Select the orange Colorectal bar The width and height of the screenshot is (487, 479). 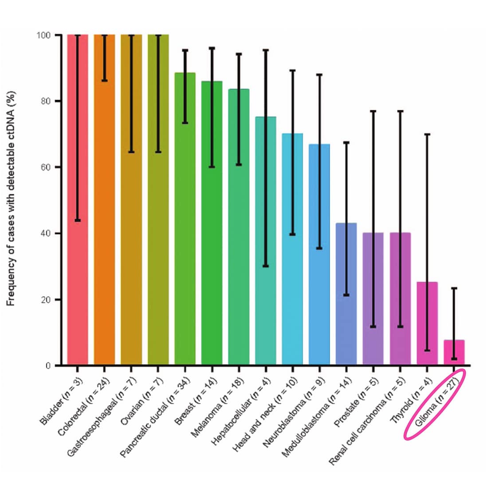click(105, 200)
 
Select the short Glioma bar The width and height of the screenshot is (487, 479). click(454, 353)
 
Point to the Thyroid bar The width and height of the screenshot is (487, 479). click(427, 323)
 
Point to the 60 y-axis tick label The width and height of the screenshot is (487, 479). click(45, 167)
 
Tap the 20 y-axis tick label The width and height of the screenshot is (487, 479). click(45, 300)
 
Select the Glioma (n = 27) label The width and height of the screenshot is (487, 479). click(435, 404)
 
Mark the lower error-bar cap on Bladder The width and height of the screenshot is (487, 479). click(78, 220)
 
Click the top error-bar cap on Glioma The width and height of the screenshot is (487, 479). click(454, 288)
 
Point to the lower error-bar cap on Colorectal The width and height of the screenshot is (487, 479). click(105, 81)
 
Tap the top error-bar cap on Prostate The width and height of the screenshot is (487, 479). click(373, 111)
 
